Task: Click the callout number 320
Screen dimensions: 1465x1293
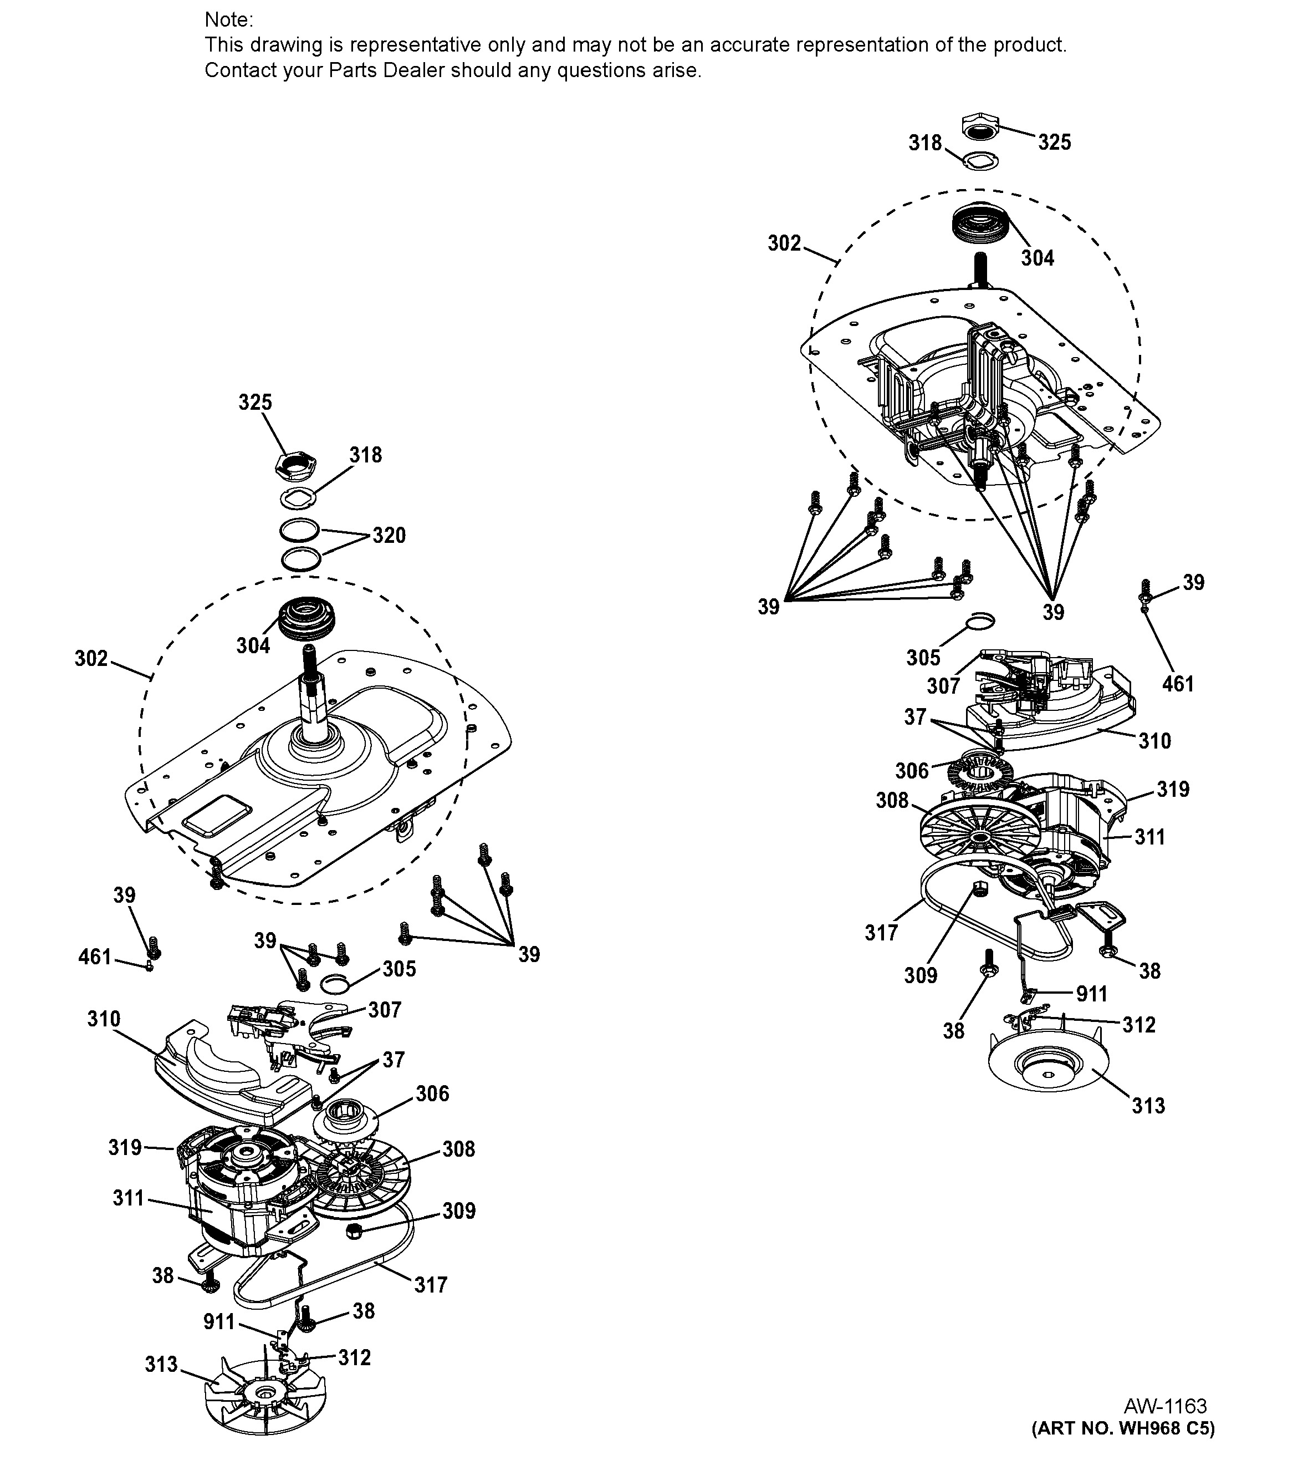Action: (x=389, y=536)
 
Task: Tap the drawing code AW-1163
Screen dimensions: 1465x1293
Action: (x=1165, y=1406)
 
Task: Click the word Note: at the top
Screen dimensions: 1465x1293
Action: (x=228, y=19)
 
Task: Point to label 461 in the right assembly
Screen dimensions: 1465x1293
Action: (x=1178, y=684)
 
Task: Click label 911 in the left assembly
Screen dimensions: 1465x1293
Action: (x=219, y=1321)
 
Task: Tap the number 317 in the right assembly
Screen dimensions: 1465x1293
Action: (x=881, y=933)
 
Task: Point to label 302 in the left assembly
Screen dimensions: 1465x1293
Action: (x=91, y=659)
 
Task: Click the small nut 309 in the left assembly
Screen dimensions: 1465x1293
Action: (x=353, y=1230)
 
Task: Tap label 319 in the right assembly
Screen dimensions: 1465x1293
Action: (x=1173, y=789)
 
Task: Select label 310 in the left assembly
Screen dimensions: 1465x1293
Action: (x=104, y=1019)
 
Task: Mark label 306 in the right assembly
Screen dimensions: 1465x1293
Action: (x=911, y=771)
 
